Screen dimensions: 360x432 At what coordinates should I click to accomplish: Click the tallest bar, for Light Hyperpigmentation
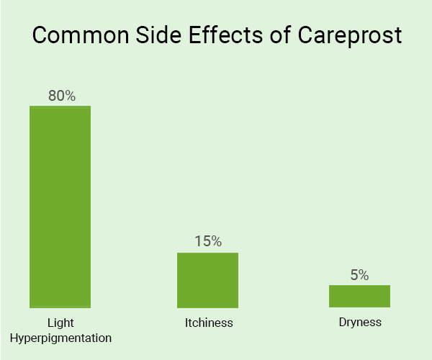click(60, 207)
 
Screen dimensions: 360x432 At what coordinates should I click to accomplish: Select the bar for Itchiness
click(207, 280)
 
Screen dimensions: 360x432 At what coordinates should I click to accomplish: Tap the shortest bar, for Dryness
click(359, 296)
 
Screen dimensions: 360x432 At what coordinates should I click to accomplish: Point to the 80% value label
click(61, 95)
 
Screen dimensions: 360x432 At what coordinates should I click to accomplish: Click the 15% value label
click(207, 241)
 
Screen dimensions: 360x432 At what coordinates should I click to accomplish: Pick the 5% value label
click(359, 275)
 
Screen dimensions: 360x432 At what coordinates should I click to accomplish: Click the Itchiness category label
click(209, 323)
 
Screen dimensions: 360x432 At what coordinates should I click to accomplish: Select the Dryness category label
click(359, 322)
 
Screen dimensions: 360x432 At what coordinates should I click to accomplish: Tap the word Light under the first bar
click(60, 322)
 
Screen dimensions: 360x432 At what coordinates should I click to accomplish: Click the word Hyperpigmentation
click(60, 337)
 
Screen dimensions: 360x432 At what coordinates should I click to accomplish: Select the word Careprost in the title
click(353, 37)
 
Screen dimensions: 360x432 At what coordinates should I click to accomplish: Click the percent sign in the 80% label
click(69, 95)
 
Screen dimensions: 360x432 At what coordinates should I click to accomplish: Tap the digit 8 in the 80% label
click(52, 95)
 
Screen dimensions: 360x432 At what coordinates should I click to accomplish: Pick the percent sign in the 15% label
click(215, 241)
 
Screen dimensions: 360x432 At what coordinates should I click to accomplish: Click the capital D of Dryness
click(342, 322)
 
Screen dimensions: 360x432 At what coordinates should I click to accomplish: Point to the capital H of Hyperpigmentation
click(15, 337)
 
